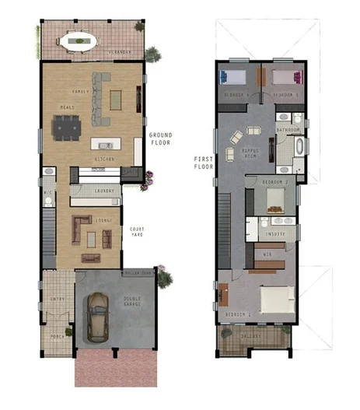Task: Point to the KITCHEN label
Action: click(105, 159)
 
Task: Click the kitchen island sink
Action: click(105, 144)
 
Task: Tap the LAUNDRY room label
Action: click(104, 190)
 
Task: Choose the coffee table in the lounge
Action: click(91, 237)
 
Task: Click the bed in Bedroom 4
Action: click(233, 77)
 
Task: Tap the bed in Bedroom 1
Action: click(274, 298)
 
